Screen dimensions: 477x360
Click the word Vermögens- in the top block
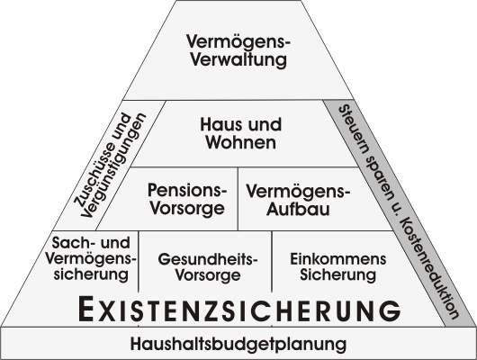[238, 41]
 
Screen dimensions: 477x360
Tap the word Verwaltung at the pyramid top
[238, 59]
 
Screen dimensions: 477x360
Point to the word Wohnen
[241, 142]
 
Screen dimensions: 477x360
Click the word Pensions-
[187, 190]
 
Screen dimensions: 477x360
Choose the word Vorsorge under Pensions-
[188, 209]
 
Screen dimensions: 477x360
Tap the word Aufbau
[298, 209]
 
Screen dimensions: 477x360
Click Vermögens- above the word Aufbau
[298, 192]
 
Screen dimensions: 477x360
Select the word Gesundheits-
[208, 259]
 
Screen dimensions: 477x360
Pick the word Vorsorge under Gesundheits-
[208, 275]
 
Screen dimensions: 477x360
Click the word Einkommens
[338, 259]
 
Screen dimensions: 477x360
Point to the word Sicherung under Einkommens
[338, 274]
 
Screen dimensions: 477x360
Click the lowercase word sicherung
[91, 274]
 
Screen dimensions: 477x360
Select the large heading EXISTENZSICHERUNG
[239, 309]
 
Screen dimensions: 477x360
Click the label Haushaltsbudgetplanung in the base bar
[238, 344]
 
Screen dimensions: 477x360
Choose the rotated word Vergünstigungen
[113, 166]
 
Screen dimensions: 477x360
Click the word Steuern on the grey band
[353, 130]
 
